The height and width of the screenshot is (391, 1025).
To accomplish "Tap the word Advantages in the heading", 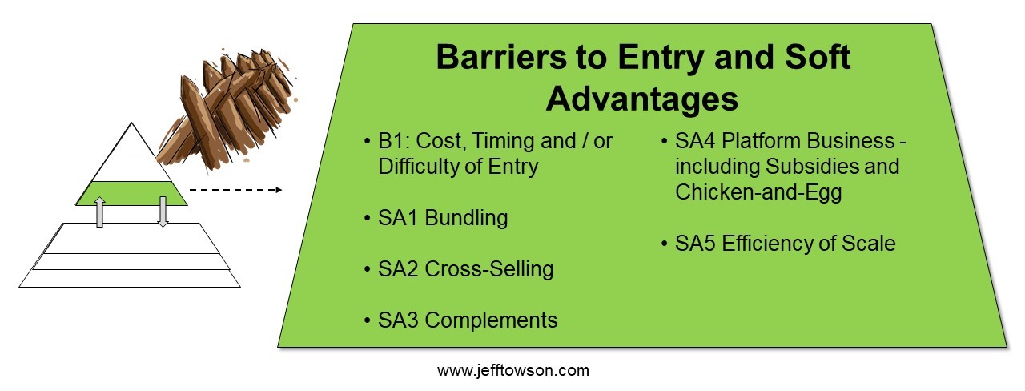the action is tap(641, 99).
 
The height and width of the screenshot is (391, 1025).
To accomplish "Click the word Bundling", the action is tap(466, 219).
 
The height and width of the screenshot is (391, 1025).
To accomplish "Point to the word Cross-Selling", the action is tap(489, 269).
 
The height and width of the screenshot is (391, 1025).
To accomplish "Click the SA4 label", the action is tap(695, 141).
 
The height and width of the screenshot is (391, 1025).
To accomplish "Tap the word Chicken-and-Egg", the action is tap(758, 192).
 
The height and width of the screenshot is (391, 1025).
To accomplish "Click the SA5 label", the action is tap(695, 244).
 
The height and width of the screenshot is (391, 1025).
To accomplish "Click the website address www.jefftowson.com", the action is tap(513, 370).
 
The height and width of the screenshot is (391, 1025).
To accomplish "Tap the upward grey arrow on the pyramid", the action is tap(100, 212).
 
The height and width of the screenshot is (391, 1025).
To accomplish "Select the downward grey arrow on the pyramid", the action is tap(163, 212).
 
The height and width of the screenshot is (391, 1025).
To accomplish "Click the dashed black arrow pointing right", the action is tap(235, 190).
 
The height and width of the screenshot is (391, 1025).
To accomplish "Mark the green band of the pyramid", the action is tap(131, 193).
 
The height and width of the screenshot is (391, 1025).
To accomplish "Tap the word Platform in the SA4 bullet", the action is tap(762, 141).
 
